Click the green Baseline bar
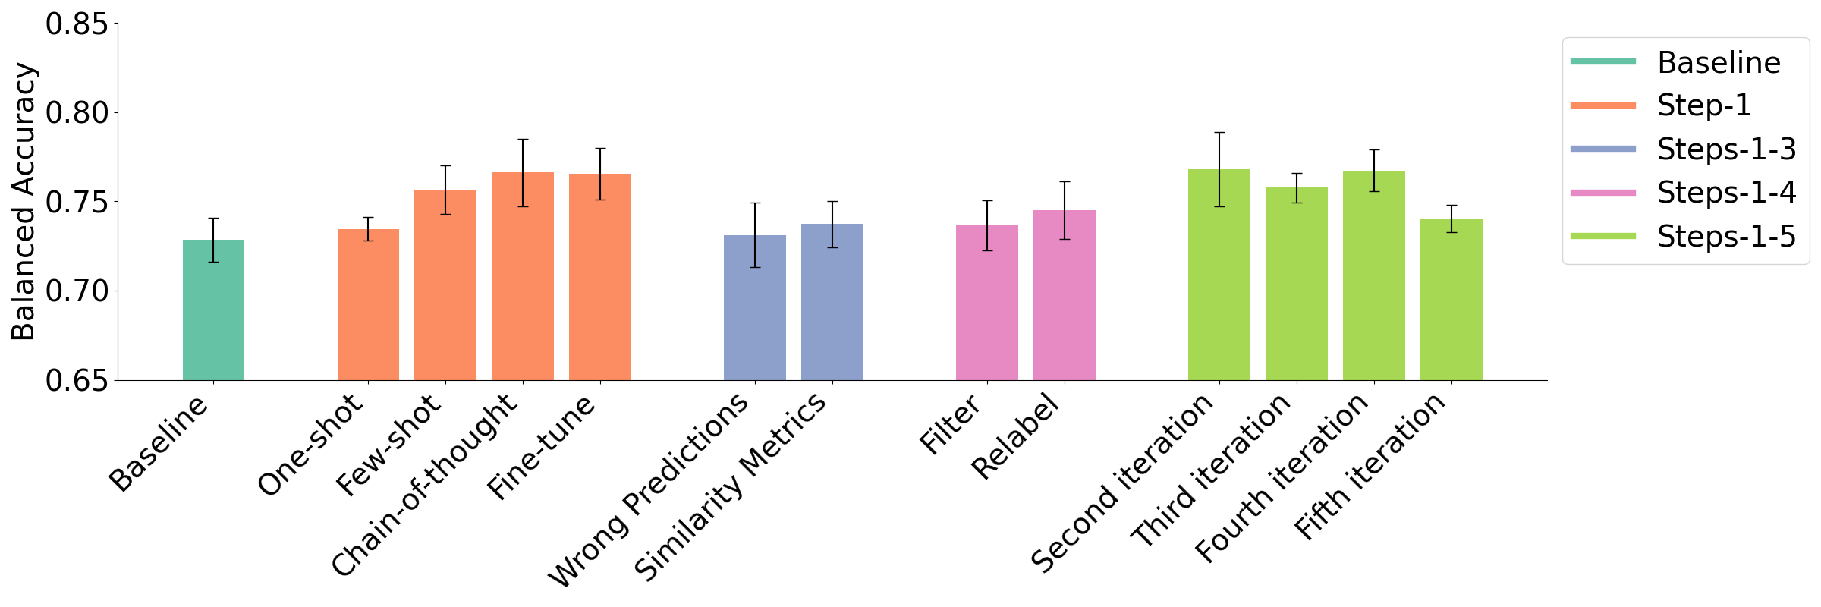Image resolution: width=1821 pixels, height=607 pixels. coord(213,311)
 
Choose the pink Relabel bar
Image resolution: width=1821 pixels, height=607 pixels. coord(1064,296)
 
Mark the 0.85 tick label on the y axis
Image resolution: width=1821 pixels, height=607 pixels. coord(77,24)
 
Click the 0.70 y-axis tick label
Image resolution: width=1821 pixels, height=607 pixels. coord(77,291)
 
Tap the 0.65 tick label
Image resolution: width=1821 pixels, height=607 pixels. coord(77,381)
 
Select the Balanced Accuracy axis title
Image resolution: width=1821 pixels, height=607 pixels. coord(24,202)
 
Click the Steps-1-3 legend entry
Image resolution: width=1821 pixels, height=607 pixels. coord(1726,149)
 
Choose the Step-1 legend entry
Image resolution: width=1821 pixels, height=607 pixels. coord(1703,105)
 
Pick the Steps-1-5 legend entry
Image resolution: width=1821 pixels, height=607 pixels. coord(1726,237)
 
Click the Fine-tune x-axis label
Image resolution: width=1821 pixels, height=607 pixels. coord(540,448)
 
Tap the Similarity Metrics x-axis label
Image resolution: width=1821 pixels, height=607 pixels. coord(730,487)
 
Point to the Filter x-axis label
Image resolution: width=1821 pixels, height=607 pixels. coord(950,425)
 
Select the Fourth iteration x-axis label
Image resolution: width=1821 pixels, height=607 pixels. coord(1282,478)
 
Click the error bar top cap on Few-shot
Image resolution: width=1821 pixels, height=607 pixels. coord(445,165)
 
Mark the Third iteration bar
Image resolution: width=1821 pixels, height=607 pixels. coord(1296,285)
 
